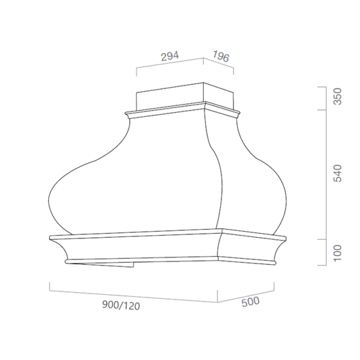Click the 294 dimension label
coord(170,56)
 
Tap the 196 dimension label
coord(221,56)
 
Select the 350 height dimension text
coord(338,96)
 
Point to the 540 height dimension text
coord(338,173)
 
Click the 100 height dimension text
coord(338,253)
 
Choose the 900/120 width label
coord(121,306)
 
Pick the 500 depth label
coord(251,302)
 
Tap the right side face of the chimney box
coord(219,96)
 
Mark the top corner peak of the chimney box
coord(203,83)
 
